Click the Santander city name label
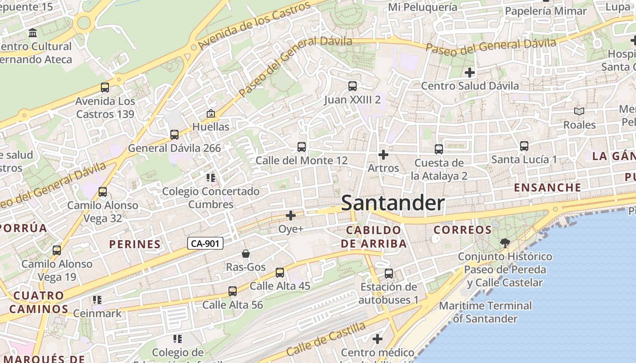tap(393, 203)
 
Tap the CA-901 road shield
tap(205, 244)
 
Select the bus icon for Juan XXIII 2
tap(352, 86)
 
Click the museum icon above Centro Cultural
tap(33, 33)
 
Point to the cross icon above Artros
tap(383, 155)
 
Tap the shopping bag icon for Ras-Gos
tap(246, 254)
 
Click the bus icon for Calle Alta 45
tap(280, 273)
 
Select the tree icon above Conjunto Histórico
tap(505, 243)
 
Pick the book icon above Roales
tap(579, 111)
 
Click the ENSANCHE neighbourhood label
tap(547, 187)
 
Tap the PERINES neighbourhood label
tap(135, 244)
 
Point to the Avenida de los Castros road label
tap(254, 25)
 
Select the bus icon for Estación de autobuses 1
tap(389, 274)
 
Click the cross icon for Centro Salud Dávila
tap(470, 73)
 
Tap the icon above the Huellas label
tap(210, 113)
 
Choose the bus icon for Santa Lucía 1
tap(524, 146)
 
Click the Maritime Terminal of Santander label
tap(485, 312)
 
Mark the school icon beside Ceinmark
tap(97, 300)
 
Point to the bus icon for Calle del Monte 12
tap(301, 147)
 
